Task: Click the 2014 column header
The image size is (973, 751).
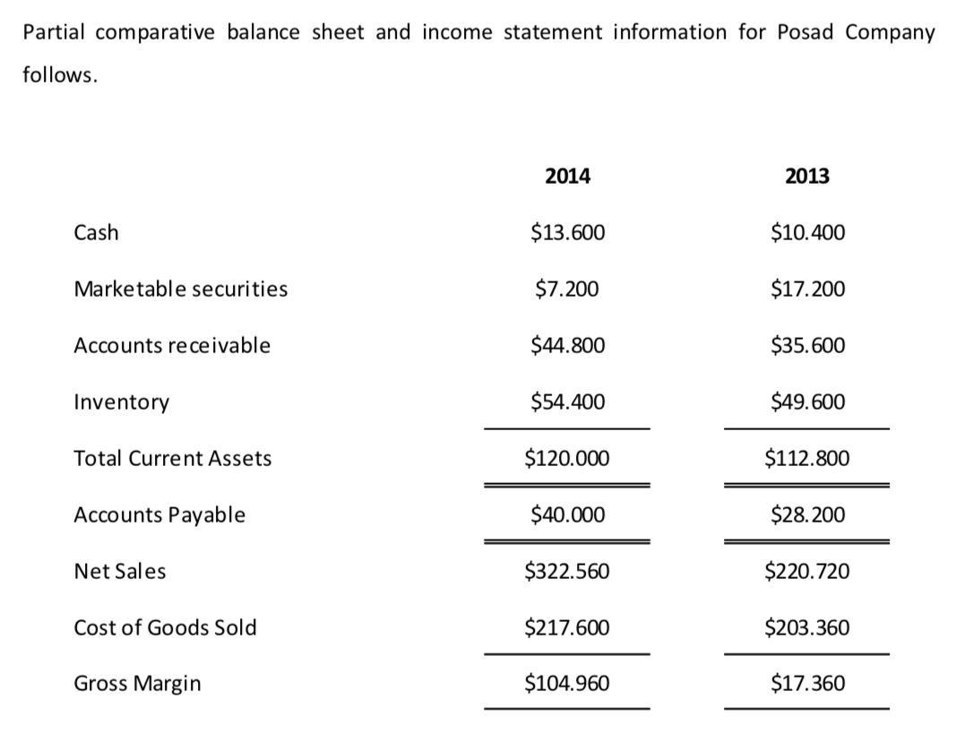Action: coord(567,177)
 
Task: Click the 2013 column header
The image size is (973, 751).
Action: coord(807,177)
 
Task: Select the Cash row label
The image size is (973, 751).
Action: coord(96,233)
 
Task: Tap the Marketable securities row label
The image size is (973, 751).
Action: coord(181,289)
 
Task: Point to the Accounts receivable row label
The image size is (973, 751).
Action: coord(172,345)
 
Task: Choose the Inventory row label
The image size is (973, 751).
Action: coord(121,402)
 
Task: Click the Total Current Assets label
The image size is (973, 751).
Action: coord(173,459)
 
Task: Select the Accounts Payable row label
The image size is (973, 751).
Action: coord(159,515)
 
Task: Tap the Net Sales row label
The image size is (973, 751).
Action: coord(120,572)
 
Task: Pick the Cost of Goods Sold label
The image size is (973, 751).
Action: coord(165,627)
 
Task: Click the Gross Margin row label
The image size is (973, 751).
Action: coord(137,684)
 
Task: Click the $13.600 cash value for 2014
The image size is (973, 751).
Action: coord(567,233)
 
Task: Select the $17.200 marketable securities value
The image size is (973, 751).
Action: coord(807,289)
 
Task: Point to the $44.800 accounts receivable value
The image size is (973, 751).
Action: coord(567,345)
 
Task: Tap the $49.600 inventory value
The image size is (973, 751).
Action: coord(807,402)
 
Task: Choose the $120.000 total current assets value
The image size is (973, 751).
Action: coord(567,459)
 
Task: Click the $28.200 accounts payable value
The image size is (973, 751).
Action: coord(807,515)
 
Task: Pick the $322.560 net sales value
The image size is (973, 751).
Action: coord(567,572)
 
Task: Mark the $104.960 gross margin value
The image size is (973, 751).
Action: coord(567,684)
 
